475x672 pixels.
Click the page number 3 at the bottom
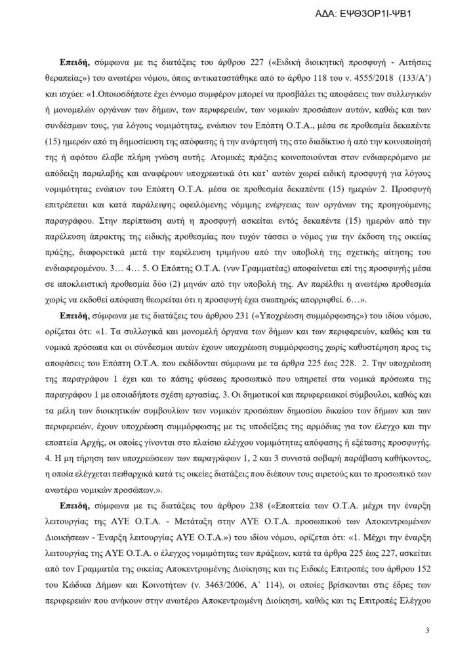click(x=426, y=631)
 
